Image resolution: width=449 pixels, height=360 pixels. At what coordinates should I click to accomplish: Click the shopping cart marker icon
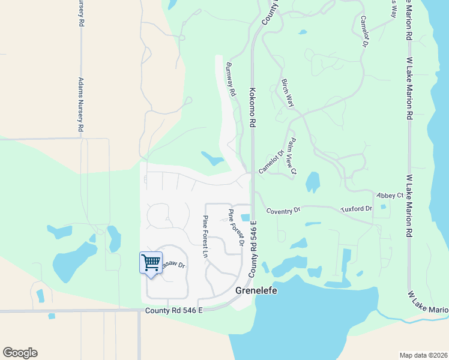pos(150,262)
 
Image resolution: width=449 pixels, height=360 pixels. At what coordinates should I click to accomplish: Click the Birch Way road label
pos(288,93)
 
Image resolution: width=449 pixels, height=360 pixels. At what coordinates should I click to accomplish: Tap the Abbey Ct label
pos(391,196)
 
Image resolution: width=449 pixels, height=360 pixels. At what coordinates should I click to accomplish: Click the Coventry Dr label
pos(283,211)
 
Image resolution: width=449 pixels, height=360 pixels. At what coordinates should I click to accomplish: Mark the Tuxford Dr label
pos(357,208)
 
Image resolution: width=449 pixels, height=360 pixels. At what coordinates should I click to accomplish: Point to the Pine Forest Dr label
pos(235,227)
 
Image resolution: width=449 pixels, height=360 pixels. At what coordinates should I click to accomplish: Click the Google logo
pos(20,353)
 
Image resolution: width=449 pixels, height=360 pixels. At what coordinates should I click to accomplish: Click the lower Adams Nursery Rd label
pos(80,105)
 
